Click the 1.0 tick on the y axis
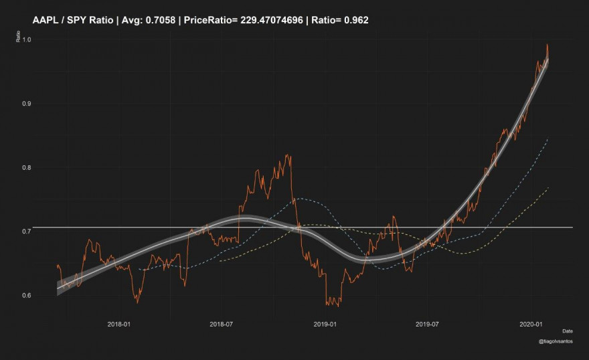(x=27, y=39)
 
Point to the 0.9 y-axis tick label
(x=27, y=104)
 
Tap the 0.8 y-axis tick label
(x=27, y=168)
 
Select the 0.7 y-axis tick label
(x=27, y=232)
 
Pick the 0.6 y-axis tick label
(x=27, y=296)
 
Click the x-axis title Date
(x=567, y=331)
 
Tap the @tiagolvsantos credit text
(x=555, y=342)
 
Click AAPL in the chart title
(x=44, y=21)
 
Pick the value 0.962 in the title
(x=355, y=21)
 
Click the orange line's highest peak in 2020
(x=547, y=45)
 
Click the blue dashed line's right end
(x=548, y=139)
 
